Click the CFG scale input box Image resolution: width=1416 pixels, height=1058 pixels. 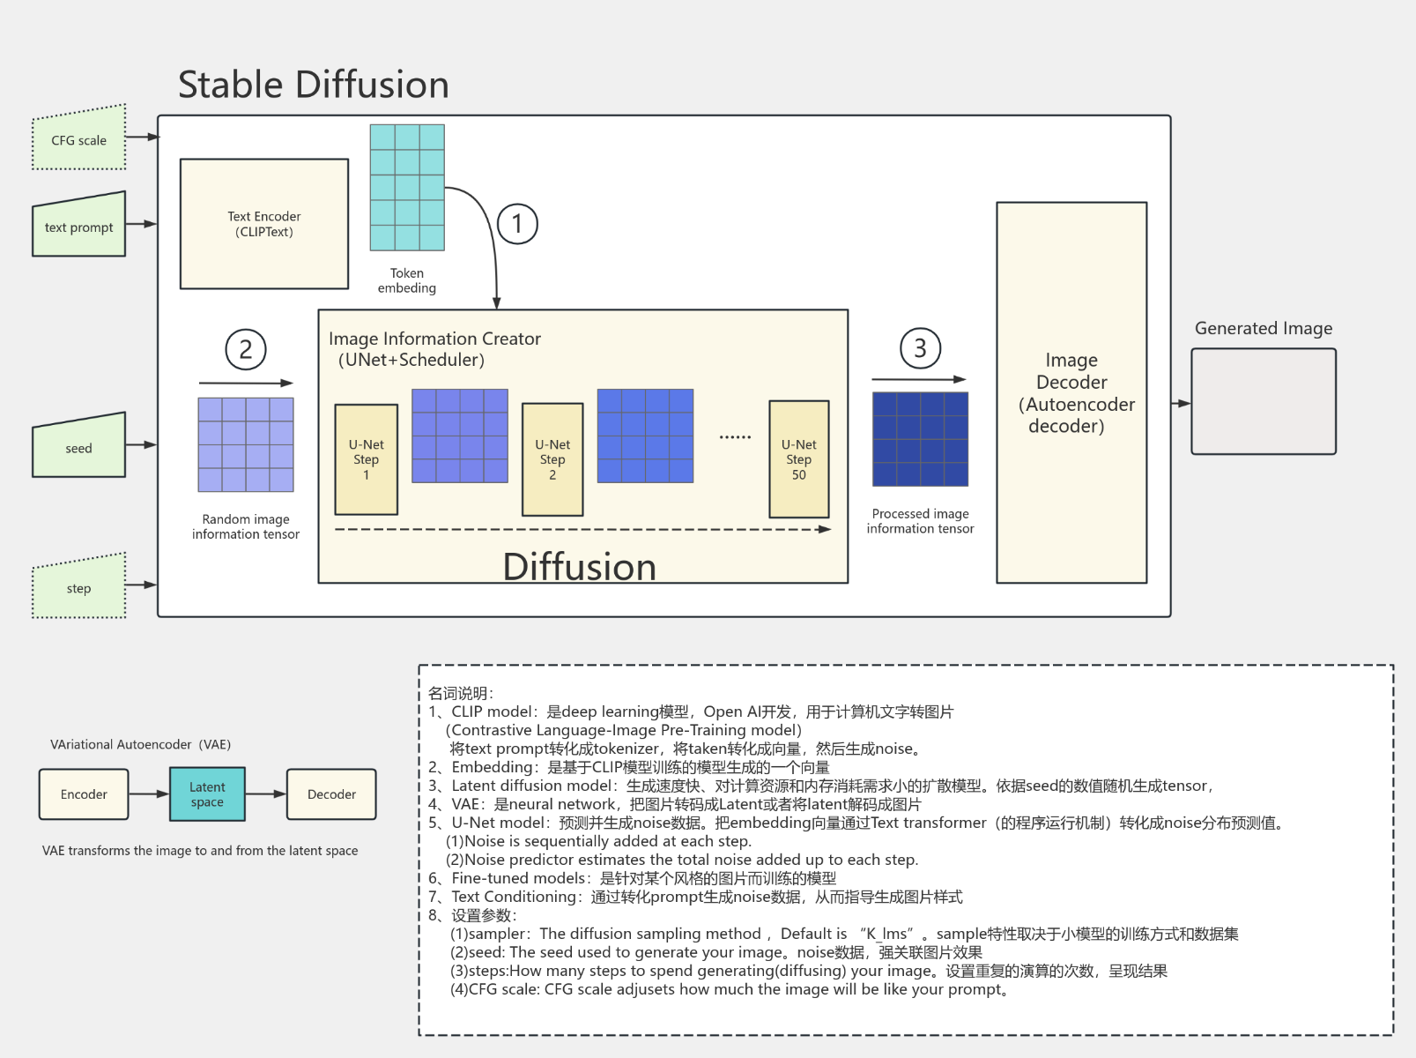[x=78, y=139]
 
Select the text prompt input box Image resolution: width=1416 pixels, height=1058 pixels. [x=78, y=227]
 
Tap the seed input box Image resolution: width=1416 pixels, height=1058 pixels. [x=78, y=448]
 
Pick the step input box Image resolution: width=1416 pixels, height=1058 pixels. [x=78, y=587]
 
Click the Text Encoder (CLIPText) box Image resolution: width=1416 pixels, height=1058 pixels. [x=263, y=224]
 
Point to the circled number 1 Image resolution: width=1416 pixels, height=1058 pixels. [x=517, y=224]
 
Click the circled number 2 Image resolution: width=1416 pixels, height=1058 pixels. [x=246, y=349]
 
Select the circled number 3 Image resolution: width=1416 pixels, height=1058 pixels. [x=920, y=348]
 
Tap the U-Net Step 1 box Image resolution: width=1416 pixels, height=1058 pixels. [x=366, y=459]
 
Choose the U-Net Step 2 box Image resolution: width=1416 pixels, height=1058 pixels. [x=552, y=459]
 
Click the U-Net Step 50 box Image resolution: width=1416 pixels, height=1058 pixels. [x=798, y=459]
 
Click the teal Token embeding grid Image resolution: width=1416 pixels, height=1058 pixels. [x=407, y=188]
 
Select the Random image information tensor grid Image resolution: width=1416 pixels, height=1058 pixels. [x=246, y=444]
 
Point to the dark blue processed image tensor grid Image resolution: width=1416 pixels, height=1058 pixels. [x=920, y=439]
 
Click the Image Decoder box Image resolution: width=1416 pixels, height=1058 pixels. [x=1071, y=392]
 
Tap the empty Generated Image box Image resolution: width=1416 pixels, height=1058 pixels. [x=1263, y=401]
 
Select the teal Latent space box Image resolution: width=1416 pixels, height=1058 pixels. [x=207, y=793]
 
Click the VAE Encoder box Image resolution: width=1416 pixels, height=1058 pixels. [x=84, y=793]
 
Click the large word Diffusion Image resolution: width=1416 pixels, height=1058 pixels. [x=580, y=566]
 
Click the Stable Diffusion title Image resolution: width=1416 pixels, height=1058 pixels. [x=314, y=85]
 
